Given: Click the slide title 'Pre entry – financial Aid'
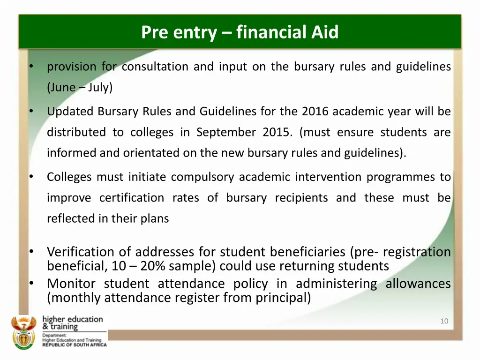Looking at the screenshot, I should click(x=240, y=32).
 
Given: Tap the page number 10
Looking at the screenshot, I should click(x=444, y=321).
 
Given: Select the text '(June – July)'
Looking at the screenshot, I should click(x=80, y=87).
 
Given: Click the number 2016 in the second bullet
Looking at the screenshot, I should click(x=315, y=112).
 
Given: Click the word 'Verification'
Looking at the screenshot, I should click(x=81, y=252).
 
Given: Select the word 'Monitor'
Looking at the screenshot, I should click(x=71, y=284).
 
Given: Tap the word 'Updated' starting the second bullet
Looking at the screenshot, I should click(x=71, y=112).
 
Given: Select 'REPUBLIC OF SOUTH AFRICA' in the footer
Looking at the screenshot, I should click(x=75, y=345).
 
